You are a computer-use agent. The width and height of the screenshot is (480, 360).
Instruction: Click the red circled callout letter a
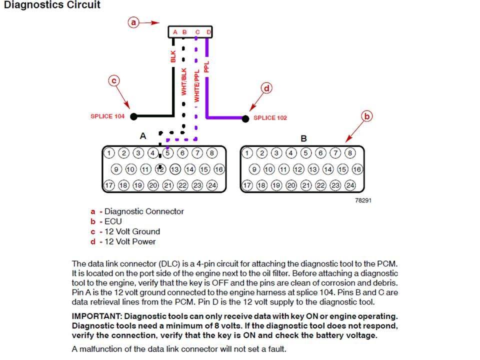click(133, 22)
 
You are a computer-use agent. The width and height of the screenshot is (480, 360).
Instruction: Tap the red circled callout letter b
click(366, 116)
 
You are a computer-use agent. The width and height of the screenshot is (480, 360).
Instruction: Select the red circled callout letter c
click(114, 81)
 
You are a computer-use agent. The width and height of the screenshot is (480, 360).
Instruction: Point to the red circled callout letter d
click(266, 88)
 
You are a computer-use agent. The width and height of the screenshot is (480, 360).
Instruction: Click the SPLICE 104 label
click(107, 116)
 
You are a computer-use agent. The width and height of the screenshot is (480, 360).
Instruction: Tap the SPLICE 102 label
click(270, 118)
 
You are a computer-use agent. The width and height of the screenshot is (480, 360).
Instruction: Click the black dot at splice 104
click(134, 116)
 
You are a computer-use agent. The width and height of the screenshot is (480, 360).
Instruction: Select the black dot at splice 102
click(245, 119)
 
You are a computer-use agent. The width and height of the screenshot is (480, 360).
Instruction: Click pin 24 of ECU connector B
click(350, 185)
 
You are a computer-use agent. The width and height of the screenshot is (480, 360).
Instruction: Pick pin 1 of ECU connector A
click(109, 153)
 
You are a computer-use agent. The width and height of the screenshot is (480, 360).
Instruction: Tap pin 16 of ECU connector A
click(219, 169)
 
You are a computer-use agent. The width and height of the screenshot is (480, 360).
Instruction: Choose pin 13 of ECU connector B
click(313, 169)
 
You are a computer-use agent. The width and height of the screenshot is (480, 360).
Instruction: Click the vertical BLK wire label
click(173, 56)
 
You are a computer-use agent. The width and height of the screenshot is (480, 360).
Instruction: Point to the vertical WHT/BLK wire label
click(183, 81)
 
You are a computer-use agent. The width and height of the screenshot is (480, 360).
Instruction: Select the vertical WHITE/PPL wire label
click(196, 85)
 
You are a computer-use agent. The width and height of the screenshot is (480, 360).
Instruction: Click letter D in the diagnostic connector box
click(209, 32)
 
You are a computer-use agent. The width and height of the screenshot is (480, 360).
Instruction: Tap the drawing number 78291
click(363, 200)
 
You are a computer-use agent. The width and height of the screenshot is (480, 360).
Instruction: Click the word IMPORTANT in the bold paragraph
click(96, 316)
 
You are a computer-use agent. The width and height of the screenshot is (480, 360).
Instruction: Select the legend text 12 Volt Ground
click(132, 231)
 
